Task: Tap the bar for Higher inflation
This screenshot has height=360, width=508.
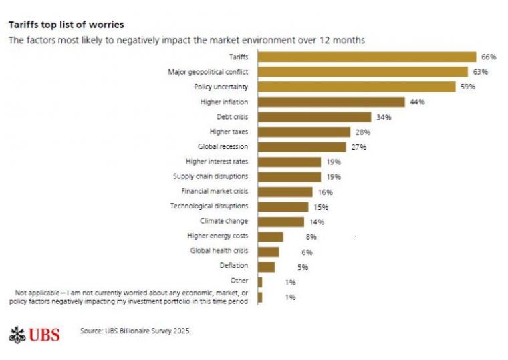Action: click(x=332, y=102)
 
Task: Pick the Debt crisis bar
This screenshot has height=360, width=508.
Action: click(x=314, y=117)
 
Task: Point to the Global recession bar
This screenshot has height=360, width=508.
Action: click(x=301, y=147)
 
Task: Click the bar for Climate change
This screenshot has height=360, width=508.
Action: click(x=281, y=222)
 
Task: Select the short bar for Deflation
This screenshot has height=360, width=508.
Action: click(x=266, y=266)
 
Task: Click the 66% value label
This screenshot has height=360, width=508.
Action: click(x=488, y=57)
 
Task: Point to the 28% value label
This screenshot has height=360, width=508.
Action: click(x=363, y=132)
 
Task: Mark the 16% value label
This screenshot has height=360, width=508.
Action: click(x=325, y=192)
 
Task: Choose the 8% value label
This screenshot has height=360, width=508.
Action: click(x=293, y=237)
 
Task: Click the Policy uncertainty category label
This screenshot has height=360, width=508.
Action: click(x=221, y=87)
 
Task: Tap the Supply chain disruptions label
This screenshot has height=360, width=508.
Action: click(x=211, y=176)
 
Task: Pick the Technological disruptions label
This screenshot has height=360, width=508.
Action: click(x=209, y=206)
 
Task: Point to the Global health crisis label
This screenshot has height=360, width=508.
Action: click(x=219, y=251)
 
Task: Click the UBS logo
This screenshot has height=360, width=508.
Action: click(x=35, y=334)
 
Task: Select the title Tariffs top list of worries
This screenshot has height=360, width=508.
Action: click(x=66, y=25)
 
